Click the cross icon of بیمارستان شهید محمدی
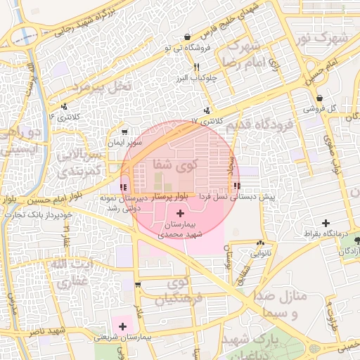[180, 212]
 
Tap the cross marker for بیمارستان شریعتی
[123, 326]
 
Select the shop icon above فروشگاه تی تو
[187, 37]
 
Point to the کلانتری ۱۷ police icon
[207, 110]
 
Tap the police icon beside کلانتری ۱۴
[65, 107]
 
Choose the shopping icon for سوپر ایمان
[124, 131]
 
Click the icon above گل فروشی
[320, 98]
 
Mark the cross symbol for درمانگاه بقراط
[325, 222]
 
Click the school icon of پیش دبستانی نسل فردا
[236, 186]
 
